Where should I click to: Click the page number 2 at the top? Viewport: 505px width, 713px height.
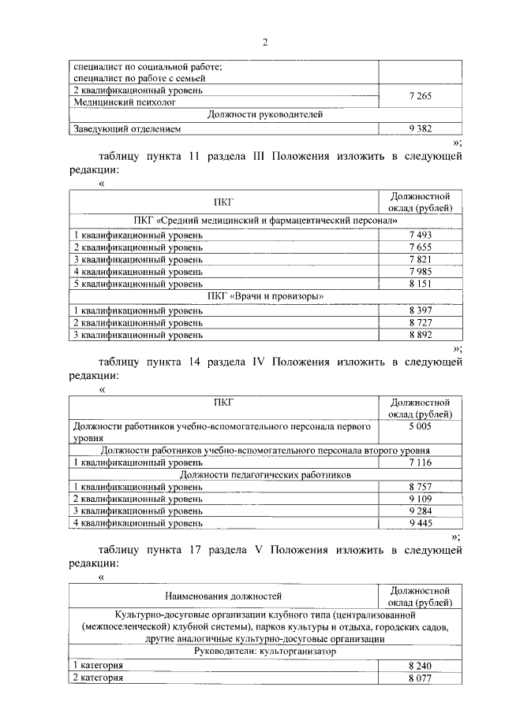[265, 42]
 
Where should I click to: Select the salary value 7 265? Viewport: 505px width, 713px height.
[420, 95]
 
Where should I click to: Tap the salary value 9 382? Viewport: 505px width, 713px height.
[420, 128]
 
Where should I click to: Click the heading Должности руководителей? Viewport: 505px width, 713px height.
[265, 114]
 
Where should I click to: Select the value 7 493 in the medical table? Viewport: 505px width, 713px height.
[420, 235]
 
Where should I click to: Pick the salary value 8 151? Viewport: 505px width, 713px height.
[420, 283]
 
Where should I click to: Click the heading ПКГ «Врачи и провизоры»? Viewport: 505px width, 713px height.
[265, 295]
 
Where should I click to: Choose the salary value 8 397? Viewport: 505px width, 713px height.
[420, 310]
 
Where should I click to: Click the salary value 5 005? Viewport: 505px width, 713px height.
[420, 425]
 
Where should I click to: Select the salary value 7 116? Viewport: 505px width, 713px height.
[420, 462]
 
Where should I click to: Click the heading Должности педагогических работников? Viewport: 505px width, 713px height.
[265, 474]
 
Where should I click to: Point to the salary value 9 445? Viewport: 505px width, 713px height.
[420, 522]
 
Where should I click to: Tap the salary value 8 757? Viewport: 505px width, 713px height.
[420, 487]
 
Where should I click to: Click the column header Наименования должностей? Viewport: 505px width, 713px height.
[223, 596]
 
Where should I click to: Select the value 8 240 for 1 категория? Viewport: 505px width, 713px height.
[420, 665]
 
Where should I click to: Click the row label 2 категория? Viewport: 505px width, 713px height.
[99, 677]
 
